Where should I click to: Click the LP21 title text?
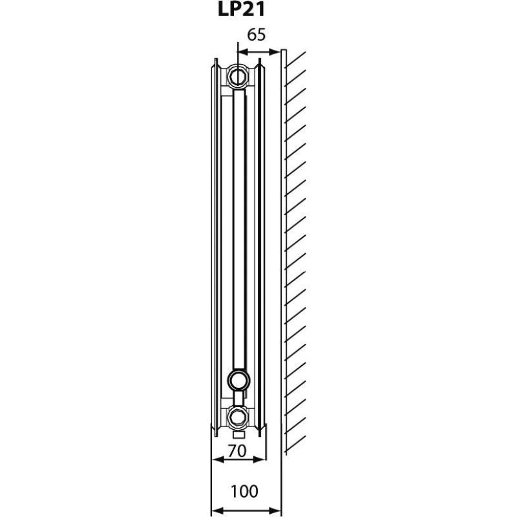coord(241,10)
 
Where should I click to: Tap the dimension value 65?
coord(256,35)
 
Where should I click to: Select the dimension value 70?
coord(237,451)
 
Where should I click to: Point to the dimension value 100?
coord(244,491)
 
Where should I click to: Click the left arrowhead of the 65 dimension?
coord(243,52)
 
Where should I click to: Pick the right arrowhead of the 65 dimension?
coord(275,52)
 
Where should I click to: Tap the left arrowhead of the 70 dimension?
coord(216,459)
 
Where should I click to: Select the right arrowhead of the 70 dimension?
coord(260,459)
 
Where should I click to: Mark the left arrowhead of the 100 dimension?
coord(216,511)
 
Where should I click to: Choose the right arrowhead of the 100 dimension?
coord(275,511)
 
